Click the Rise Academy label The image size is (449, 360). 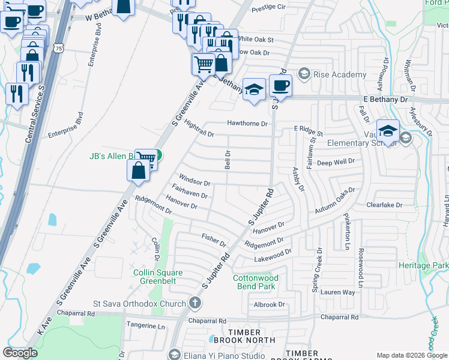339,74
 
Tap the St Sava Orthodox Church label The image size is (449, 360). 139,304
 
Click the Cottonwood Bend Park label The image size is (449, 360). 256,282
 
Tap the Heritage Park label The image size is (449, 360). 423,265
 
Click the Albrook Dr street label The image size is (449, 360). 269,305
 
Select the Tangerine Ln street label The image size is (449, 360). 146,326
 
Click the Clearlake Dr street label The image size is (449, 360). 384,205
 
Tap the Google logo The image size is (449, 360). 20,353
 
